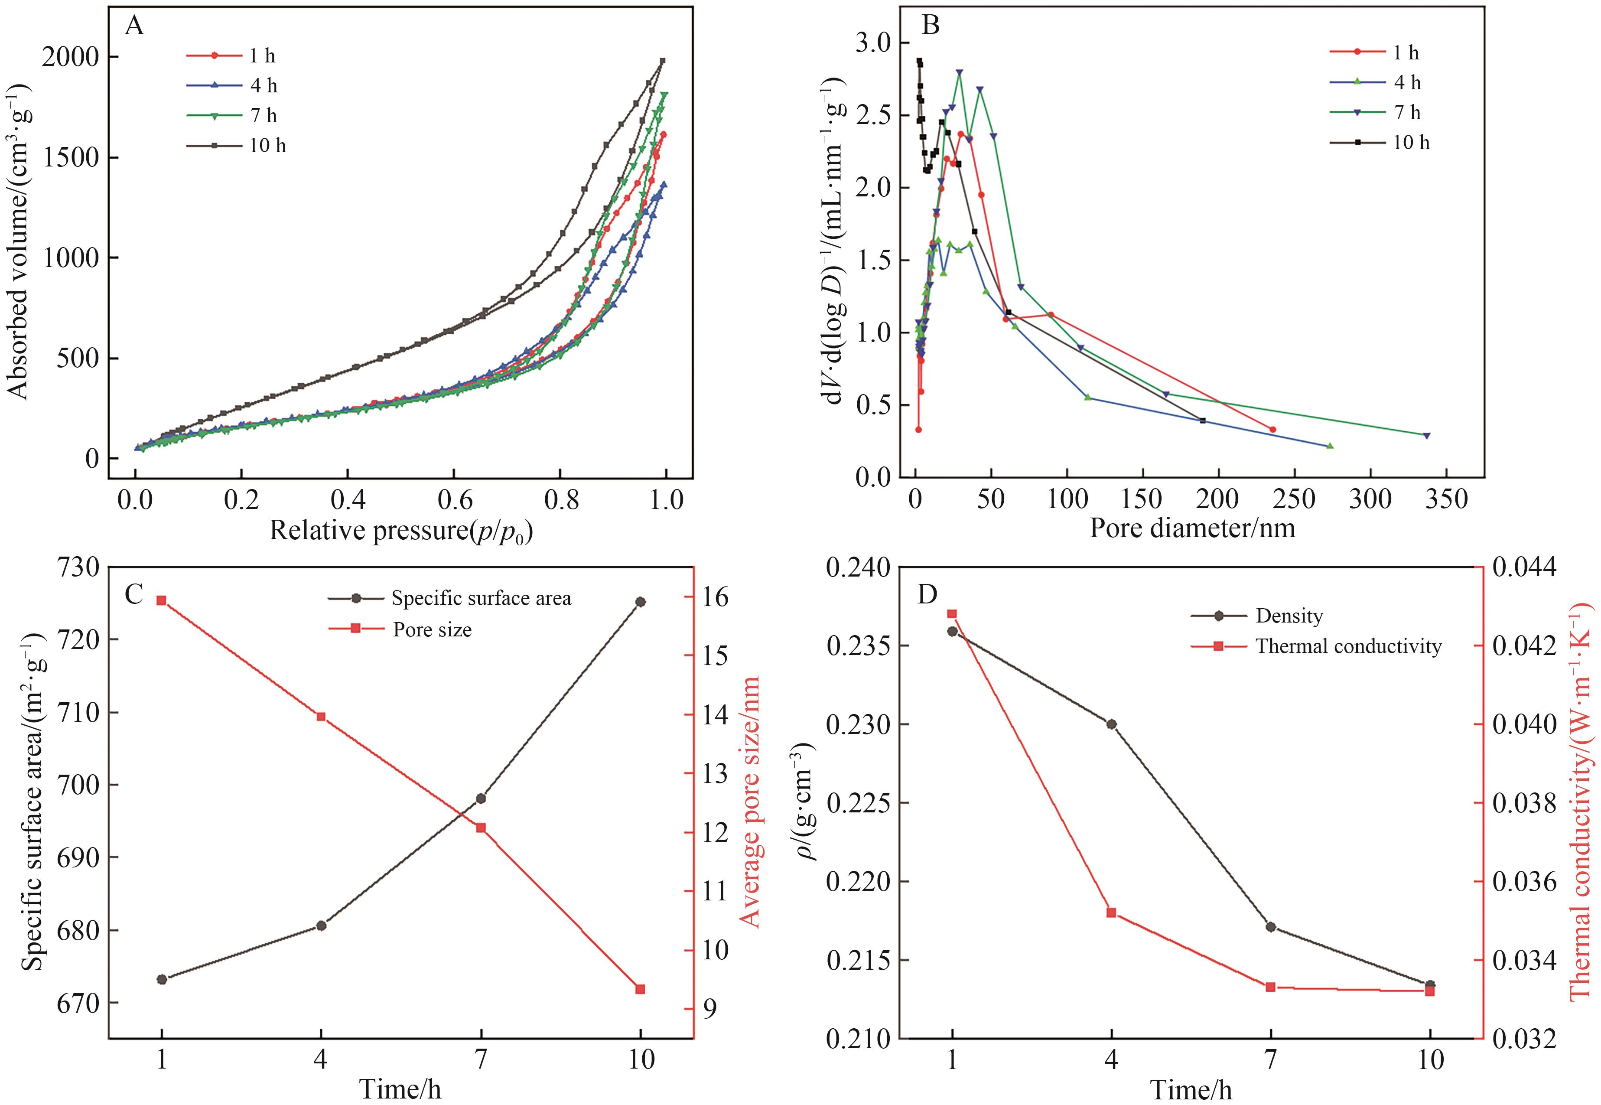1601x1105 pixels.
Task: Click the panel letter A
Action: point(134,26)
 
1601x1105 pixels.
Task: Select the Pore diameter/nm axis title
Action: point(1192,529)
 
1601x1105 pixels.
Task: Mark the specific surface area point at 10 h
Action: point(640,602)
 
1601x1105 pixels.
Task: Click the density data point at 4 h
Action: point(1112,724)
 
